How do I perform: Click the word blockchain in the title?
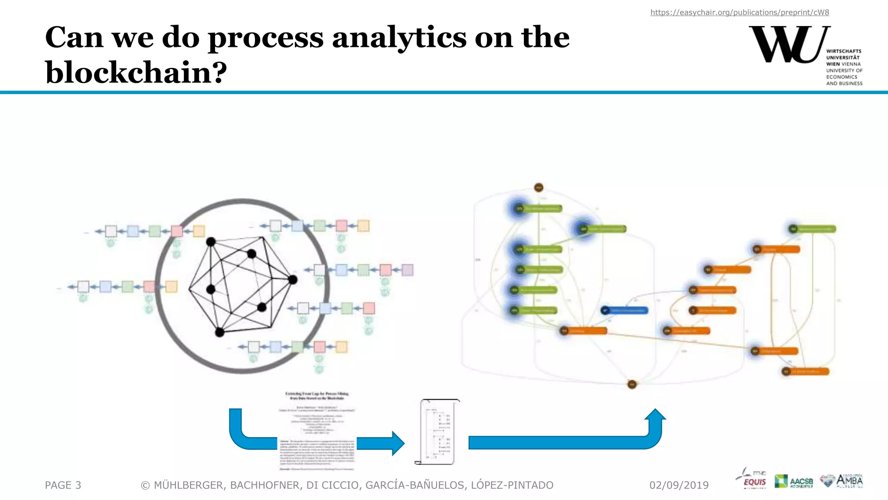click(136, 72)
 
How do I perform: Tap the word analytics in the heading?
click(399, 37)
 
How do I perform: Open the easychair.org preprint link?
click(739, 13)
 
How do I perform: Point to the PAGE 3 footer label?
click(63, 485)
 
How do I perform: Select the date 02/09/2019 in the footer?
click(679, 485)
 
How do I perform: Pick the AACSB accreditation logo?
click(794, 481)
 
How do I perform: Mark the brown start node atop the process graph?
click(539, 187)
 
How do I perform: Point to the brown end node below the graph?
click(632, 384)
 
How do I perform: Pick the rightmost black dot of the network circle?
click(293, 280)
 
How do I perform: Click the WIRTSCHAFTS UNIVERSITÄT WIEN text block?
click(844, 67)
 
